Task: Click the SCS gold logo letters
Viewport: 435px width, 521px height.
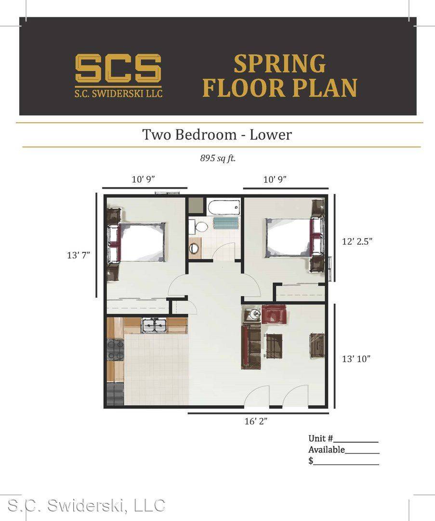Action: coord(118,68)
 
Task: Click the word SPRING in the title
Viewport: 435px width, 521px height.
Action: coord(280,64)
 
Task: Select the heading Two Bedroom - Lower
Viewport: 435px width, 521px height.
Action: coord(217,135)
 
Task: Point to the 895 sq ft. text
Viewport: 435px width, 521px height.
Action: coord(218,158)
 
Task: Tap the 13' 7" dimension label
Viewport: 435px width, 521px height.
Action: coord(79,255)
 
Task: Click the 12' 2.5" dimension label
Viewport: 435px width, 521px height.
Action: coord(357,241)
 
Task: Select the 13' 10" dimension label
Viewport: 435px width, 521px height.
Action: coord(356,359)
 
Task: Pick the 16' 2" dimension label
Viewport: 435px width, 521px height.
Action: coord(256,421)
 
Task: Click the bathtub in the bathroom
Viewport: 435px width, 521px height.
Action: coord(224,207)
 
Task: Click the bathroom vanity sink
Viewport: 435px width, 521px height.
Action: coord(194,248)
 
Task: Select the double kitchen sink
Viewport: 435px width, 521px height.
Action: coord(154,325)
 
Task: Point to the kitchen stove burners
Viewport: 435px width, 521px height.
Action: coord(115,350)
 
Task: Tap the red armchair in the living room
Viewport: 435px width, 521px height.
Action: coord(275,314)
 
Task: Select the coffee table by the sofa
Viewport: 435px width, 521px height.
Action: coord(274,346)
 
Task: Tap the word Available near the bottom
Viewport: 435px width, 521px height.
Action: coord(327,450)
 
